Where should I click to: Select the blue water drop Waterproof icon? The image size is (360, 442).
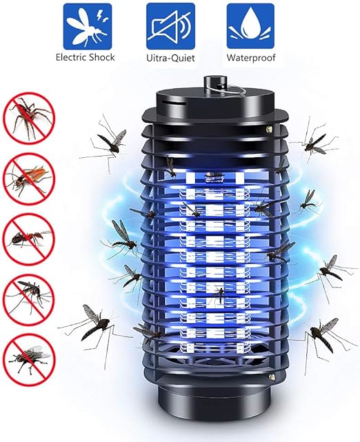[x=250, y=26]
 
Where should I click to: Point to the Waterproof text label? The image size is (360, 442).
[x=250, y=58]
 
